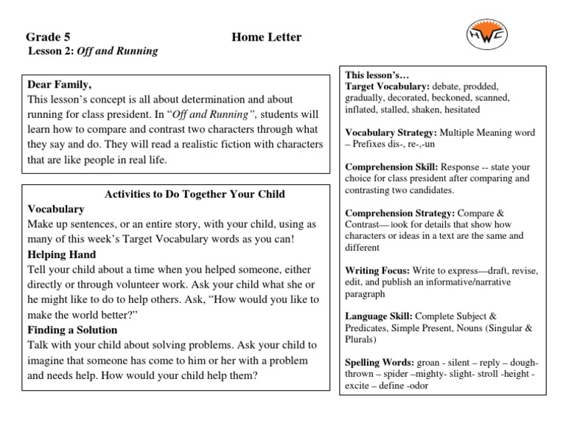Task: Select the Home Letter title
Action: (266, 37)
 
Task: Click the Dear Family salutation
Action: (60, 84)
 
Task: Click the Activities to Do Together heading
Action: (195, 194)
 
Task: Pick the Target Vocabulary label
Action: (388, 86)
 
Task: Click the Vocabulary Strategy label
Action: (391, 133)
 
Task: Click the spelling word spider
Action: (389, 375)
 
